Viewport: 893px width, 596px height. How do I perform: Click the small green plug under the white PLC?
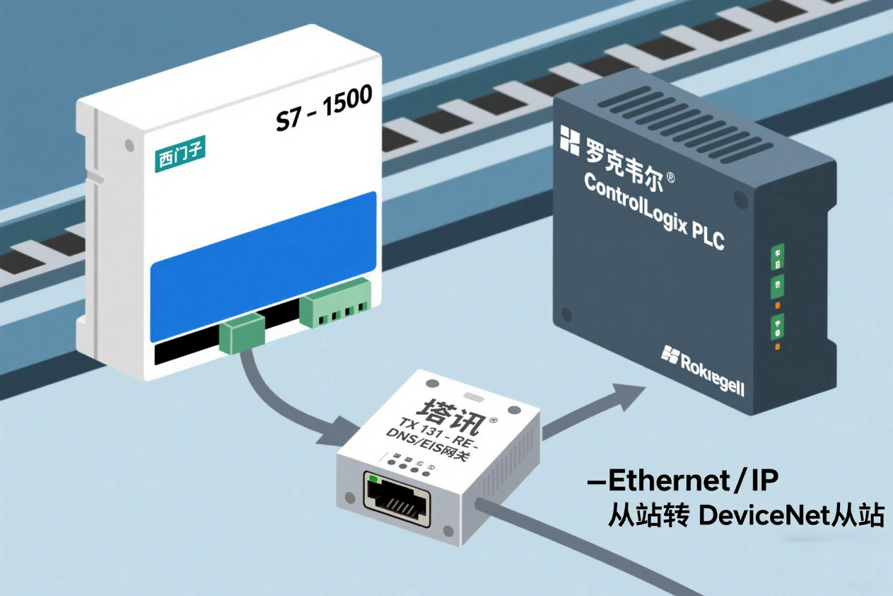click(241, 333)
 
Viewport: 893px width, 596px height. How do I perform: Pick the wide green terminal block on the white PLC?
click(336, 302)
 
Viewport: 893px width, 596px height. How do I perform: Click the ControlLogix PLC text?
click(655, 211)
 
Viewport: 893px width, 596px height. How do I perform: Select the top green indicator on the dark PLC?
click(776, 253)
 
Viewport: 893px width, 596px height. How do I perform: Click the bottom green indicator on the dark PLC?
click(776, 326)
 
